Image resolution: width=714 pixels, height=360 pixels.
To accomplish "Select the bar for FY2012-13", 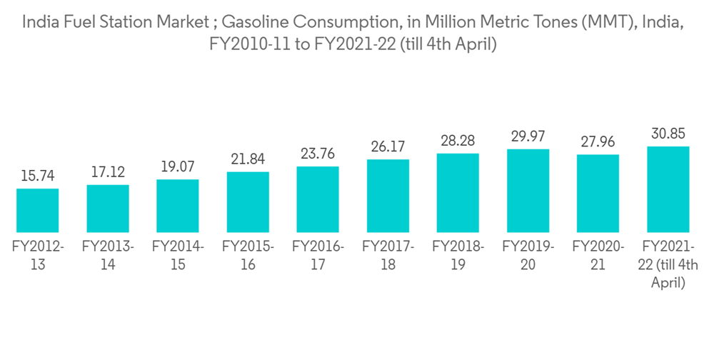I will (37, 210).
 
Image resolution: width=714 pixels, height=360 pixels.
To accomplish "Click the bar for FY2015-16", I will (248, 201).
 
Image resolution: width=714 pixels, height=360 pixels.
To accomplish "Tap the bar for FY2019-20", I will (528, 190).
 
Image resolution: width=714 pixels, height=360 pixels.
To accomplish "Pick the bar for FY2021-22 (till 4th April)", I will (668, 189).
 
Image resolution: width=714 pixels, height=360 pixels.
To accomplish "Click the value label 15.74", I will (37, 176).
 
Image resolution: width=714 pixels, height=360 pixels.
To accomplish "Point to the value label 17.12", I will (107, 172).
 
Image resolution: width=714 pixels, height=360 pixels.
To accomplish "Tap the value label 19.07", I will (178, 166).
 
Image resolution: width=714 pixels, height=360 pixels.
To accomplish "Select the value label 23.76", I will (318, 154).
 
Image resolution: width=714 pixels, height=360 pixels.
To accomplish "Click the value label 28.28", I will (458, 141).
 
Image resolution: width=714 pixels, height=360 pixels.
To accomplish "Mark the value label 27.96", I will (598, 141).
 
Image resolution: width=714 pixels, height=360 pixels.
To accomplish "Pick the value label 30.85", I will (668, 134).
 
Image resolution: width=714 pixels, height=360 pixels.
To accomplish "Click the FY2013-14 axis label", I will (107, 255).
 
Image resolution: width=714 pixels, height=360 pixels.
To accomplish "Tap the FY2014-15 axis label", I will (178, 255).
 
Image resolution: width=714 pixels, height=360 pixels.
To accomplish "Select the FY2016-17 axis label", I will (318, 255).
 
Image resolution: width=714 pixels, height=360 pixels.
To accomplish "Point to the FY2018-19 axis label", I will (458, 255).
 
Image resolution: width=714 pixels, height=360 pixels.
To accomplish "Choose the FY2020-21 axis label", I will (598, 255).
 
